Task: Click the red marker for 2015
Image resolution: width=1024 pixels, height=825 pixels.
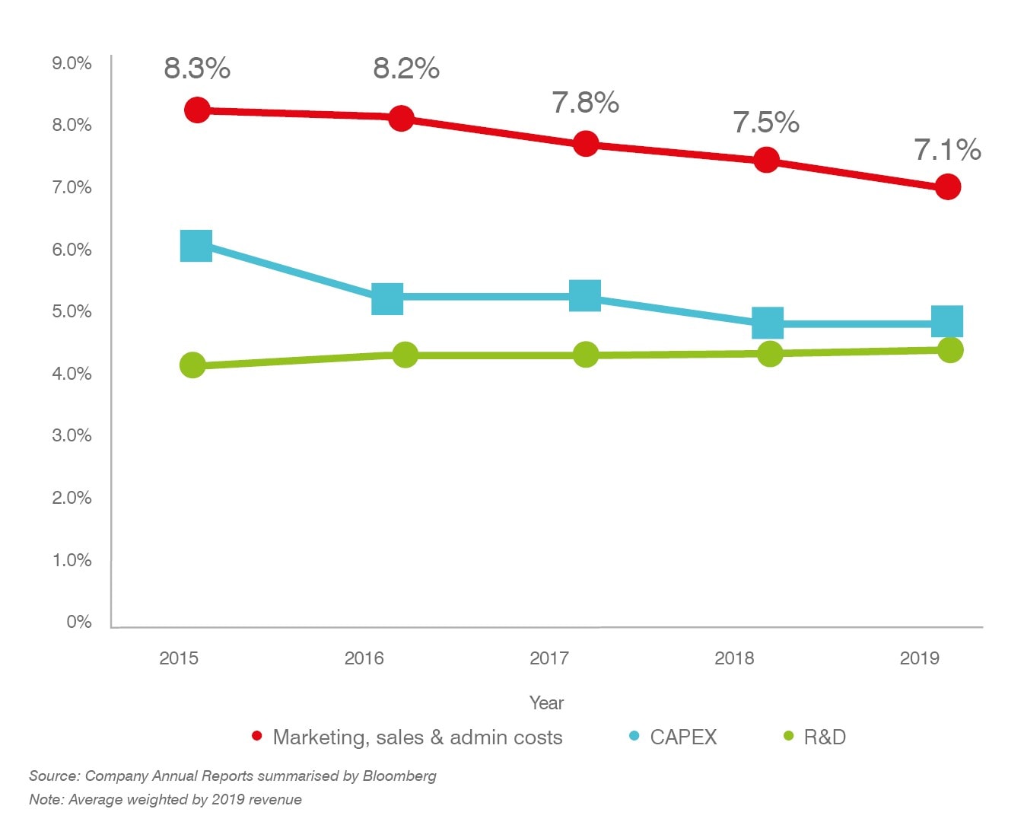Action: (x=197, y=110)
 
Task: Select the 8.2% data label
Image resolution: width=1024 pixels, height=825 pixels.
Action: (x=405, y=68)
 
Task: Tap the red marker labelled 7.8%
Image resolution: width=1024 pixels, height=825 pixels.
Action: (x=585, y=143)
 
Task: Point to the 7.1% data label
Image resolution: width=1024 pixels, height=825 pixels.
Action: (x=946, y=150)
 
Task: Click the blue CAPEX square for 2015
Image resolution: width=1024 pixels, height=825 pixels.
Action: (x=196, y=246)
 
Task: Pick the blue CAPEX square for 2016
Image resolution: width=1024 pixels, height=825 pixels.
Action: (x=387, y=298)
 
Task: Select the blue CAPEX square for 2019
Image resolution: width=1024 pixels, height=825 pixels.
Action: (x=947, y=321)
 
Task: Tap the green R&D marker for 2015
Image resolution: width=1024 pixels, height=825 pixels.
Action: (x=193, y=365)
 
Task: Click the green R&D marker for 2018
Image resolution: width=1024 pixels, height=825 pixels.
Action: (x=770, y=354)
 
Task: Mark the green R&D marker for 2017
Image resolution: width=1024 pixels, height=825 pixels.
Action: (x=585, y=355)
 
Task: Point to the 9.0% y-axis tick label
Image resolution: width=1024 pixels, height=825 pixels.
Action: (x=72, y=63)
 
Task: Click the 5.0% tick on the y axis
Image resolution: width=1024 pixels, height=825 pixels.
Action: (x=72, y=311)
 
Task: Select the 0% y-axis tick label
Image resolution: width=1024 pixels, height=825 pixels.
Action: (x=78, y=622)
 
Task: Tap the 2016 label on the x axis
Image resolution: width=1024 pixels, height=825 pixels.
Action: (x=364, y=658)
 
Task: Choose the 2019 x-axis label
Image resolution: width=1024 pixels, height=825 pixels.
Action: (x=919, y=658)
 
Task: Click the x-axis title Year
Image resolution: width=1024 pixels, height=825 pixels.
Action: (x=546, y=702)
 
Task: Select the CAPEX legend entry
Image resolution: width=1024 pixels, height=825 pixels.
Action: (x=682, y=737)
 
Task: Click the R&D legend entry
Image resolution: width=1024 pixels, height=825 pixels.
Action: (x=824, y=737)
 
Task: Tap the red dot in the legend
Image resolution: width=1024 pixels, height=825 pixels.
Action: (x=257, y=736)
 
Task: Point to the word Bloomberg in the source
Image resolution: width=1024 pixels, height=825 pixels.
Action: (x=399, y=776)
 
